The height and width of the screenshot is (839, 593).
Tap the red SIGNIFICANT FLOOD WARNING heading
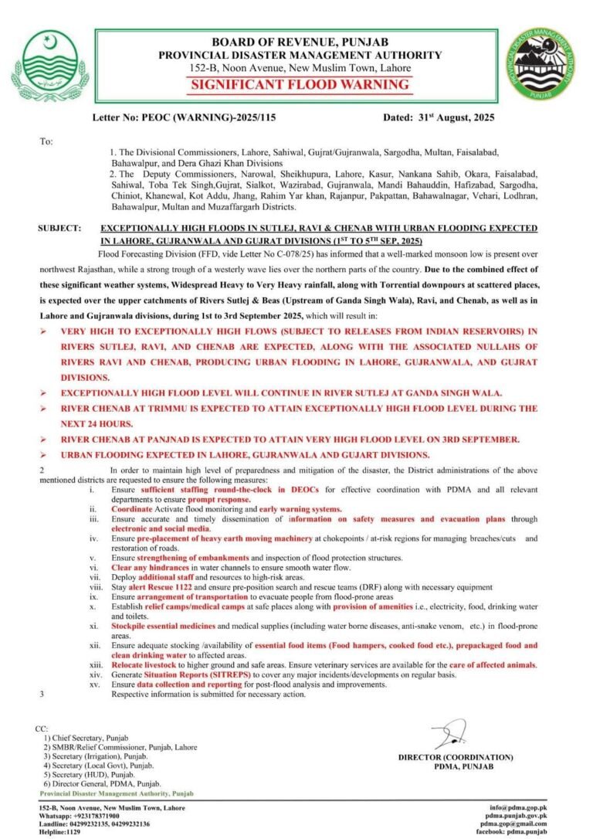pyautogui.click(x=300, y=85)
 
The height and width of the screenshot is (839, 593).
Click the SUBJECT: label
pyautogui.click(x=58, y=229)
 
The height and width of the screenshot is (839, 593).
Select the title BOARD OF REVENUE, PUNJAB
pyautogui.click(x=300, y=41)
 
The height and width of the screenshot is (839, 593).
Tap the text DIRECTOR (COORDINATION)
pyautogui.click(x=456, y=757)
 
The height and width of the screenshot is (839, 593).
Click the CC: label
pyautogui.click(x=42, y=729)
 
